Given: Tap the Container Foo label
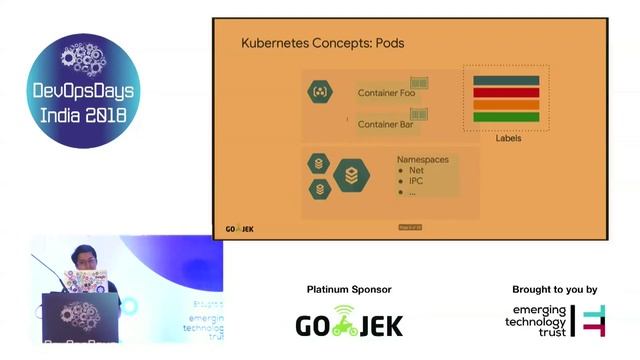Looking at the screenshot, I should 386,93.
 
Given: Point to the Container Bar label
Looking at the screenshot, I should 386,124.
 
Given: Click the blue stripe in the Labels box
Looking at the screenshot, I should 506,81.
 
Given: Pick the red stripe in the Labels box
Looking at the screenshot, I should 506,93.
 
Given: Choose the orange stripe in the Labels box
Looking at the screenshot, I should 506,105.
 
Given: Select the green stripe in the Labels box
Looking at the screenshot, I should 506,117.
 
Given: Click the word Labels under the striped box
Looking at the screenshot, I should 508,138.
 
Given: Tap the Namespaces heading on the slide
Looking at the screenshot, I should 422,160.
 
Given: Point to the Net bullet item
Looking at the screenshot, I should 417,171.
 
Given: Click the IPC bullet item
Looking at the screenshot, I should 416,181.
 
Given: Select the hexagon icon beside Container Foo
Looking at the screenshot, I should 320,92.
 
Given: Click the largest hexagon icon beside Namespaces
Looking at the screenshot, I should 351,176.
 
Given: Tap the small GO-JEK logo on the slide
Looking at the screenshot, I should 240,229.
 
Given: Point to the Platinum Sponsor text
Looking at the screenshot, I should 349,290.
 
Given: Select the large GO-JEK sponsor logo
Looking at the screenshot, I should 349,322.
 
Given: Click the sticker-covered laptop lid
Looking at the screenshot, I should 84,282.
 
